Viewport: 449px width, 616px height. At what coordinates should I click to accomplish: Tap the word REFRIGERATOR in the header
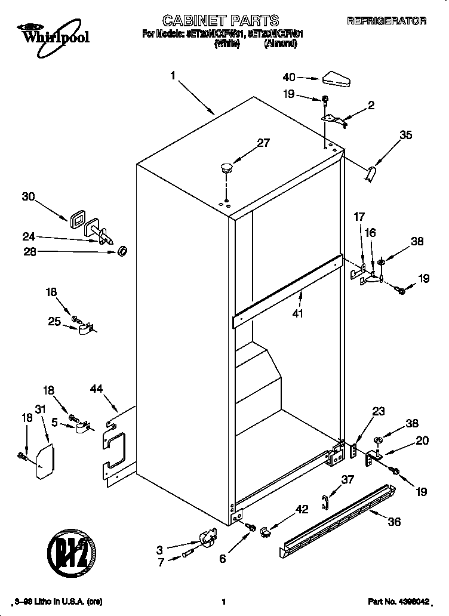(x=386, y=21)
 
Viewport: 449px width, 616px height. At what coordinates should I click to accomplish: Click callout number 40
(x=289, y=77)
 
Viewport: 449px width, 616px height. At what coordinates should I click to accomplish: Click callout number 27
(x=263, y=143)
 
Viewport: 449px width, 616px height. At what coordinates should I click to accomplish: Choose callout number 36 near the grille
(x=394, y=521)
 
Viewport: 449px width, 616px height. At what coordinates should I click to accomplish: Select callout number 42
(x=302, y=509)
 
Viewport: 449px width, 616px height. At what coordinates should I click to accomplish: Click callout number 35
(x=405, y=135)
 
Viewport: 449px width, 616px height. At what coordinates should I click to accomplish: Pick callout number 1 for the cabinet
(x=173, y=76)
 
